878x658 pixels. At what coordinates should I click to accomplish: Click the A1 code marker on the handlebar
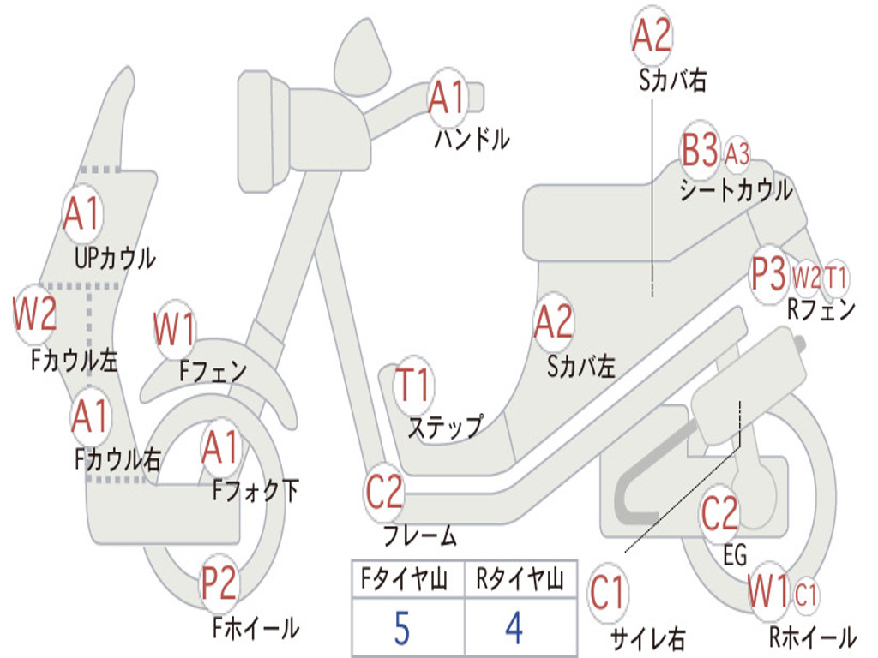(447, 98)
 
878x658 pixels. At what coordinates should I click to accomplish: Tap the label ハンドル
(472, 138)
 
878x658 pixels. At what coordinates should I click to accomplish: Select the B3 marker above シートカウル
(700, 149)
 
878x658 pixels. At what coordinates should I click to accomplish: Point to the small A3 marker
(737, 153)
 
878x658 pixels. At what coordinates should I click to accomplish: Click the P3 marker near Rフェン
(769, 274)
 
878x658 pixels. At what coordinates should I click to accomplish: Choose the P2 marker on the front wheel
(219, 583)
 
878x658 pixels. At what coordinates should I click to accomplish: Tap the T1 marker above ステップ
(412, 385)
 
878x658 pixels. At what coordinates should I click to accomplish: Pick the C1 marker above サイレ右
(608, 593)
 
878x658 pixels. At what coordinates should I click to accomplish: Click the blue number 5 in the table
(402, 628)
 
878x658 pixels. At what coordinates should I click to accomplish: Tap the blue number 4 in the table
(514, 628)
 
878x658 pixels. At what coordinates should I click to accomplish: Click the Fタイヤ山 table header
(405, 579)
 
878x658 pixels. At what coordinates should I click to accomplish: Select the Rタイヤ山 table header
(520, 579)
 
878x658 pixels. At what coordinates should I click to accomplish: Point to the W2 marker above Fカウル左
(34, 314)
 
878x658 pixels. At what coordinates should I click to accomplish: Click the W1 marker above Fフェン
(175, 329)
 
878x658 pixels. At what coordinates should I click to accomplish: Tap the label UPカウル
(115, 259)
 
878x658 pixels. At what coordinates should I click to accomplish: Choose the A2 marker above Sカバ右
(652, 34)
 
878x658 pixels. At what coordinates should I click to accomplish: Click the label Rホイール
(813, 637)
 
